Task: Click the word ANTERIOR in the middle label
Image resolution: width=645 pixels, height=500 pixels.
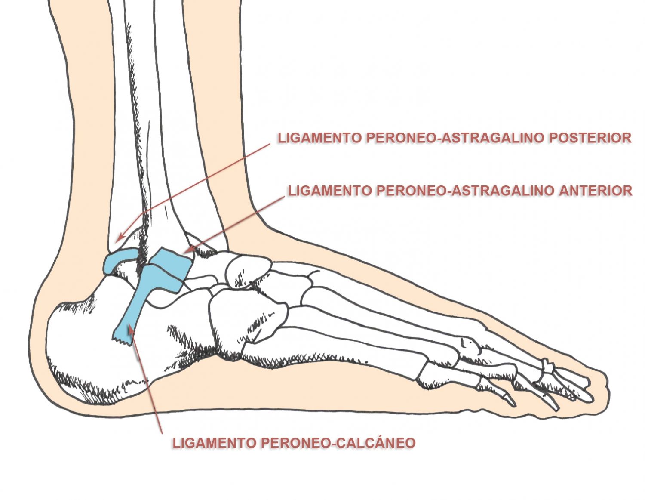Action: click(x=596, y=191)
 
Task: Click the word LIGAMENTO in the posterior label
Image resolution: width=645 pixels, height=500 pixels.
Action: click(x=319, y=138)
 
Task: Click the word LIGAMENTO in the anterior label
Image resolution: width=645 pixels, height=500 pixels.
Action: click(x=330, y=191)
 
